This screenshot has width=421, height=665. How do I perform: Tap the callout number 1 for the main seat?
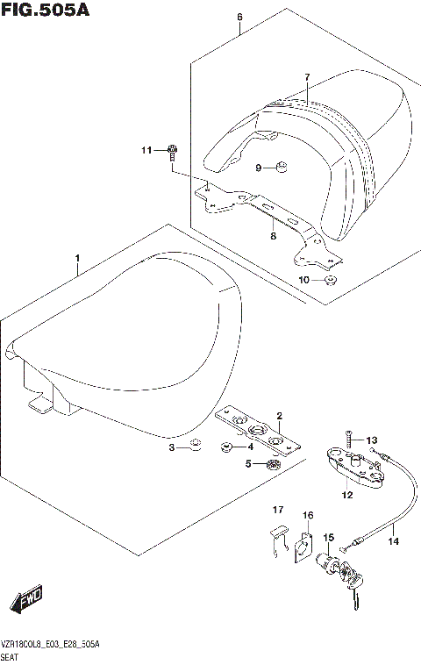click(x=78, y=259)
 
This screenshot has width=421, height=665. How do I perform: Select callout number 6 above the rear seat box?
click(x=239, y=17)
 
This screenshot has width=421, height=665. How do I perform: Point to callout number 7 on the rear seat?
click(x=307, y=78)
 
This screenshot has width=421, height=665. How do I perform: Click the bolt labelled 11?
click(x=172, y=152)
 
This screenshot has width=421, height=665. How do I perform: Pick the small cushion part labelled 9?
click(x=282, y=168)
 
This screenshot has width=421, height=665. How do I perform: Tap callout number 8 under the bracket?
click(x=273, y=235)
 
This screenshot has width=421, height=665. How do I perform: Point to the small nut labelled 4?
click(x=226, y=447)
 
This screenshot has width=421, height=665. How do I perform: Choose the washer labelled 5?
click(x=274, y=463)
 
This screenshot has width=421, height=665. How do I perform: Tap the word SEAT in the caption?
click(x=11, y=656)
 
